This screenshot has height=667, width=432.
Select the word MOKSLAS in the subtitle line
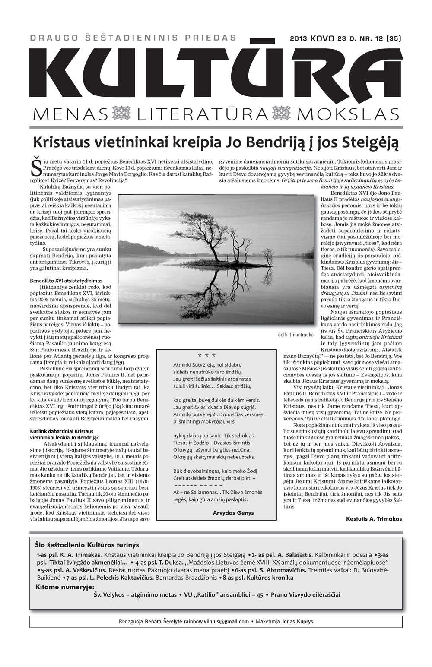(x=348, y=114)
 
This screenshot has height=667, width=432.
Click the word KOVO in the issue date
(x=322, y=38)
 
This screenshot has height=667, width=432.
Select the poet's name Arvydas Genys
(x=233, y=513)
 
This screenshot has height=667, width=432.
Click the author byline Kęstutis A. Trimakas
(x=374, y=519)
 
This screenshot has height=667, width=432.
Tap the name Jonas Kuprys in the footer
(x=297, y=622)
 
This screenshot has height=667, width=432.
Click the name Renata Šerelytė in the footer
(x=163, y=622)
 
